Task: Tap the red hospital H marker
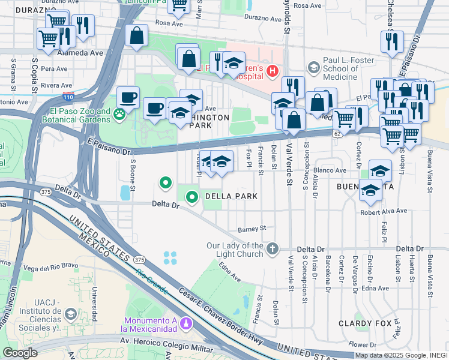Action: tap(273, 71)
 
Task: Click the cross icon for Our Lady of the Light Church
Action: tap(273, 248)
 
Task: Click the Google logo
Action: tap(20, 353)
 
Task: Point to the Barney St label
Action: tap(252, 229)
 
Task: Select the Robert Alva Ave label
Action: tap(384, 211)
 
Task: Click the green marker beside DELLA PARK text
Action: tap(192, 196)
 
